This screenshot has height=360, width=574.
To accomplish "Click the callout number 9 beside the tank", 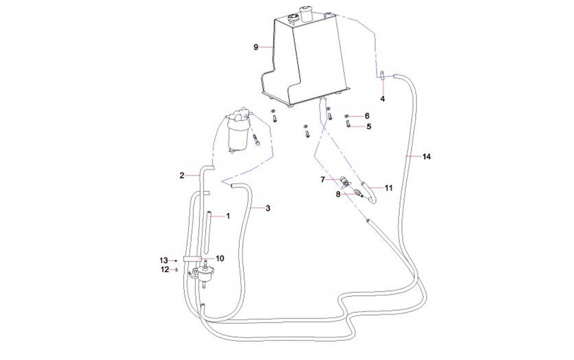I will pyautogui.click(x=256, y=47).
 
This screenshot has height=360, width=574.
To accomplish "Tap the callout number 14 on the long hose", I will pyautogui.click(x=427, y=157).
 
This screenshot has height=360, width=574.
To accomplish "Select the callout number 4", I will pyautogui.click(x=383, y=99).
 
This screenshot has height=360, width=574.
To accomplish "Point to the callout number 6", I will pyautogui.click(x=367, y=116).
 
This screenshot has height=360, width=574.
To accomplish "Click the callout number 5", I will pyautogui.click(x=368, y=126).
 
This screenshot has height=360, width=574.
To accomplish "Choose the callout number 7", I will pyautogui.click(x=323, y=179).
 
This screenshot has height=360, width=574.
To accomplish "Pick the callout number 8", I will pyautogui.click(x=339, y=193).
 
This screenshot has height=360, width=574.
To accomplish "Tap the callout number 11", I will pyautogui.click(x=388, y=188).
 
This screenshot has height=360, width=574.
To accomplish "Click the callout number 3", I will pyautogui.click(x=268, y=208).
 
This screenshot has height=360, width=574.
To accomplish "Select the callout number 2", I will pyautogui.click(x=181, y=175).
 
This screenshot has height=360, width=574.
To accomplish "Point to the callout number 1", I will pyautogui.click(x=228, y=216).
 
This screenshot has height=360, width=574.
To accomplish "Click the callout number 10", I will pyautogui.click(x=220, y=258).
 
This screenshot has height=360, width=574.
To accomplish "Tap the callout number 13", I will pyautogui.click(x=163, y=260).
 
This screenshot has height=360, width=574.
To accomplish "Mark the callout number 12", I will pyautogui.click(x=164, y=269).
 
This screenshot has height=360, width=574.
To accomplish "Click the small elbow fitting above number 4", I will pyautogui.click(x=381, y=75).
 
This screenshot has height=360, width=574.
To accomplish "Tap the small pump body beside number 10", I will pyautogui.click(x=206, y=270).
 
